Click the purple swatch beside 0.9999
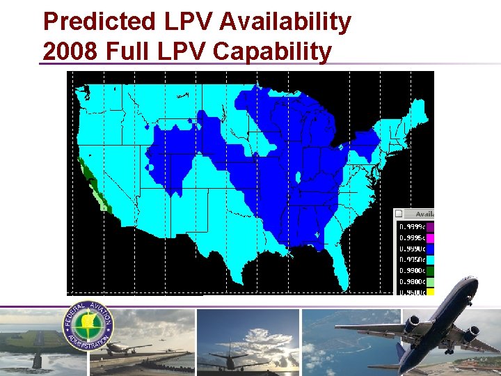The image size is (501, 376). tap(429, 226)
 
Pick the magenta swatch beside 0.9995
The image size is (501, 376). tap(429, 237)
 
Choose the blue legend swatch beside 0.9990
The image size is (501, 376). tap(429, 249)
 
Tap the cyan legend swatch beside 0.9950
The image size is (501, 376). tap(429, 260)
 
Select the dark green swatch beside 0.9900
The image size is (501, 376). tap(429, 270)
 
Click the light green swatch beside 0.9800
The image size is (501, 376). tap(429, 281)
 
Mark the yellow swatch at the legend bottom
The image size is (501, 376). tap(429, 292)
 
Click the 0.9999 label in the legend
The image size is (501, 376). tap(410, 226)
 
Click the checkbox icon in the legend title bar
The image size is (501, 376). tap(399, 214)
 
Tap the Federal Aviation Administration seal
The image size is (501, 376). tap(89, 325)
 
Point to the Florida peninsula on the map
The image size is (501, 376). tap(339, 268)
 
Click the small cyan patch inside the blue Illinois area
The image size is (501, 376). tap(298, 177)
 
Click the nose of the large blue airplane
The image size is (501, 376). tap(475, 281)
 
